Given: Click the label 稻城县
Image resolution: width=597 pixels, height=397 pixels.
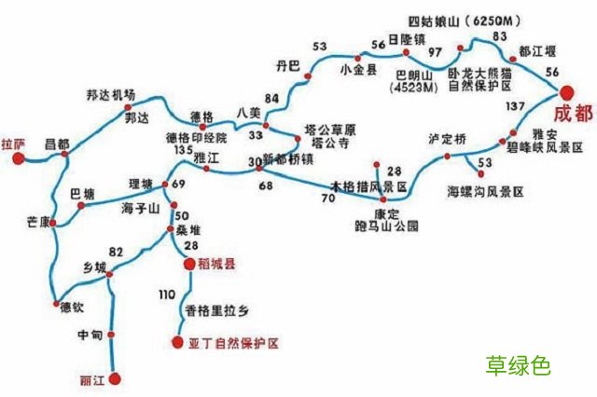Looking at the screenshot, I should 216,264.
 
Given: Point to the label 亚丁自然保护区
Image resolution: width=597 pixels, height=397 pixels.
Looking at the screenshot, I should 233,343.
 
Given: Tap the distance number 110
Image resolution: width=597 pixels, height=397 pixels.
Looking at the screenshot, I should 167,294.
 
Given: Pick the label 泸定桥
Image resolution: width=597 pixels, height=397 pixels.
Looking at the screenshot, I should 446,138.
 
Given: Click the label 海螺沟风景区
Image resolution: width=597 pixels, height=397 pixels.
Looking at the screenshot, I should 485,191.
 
